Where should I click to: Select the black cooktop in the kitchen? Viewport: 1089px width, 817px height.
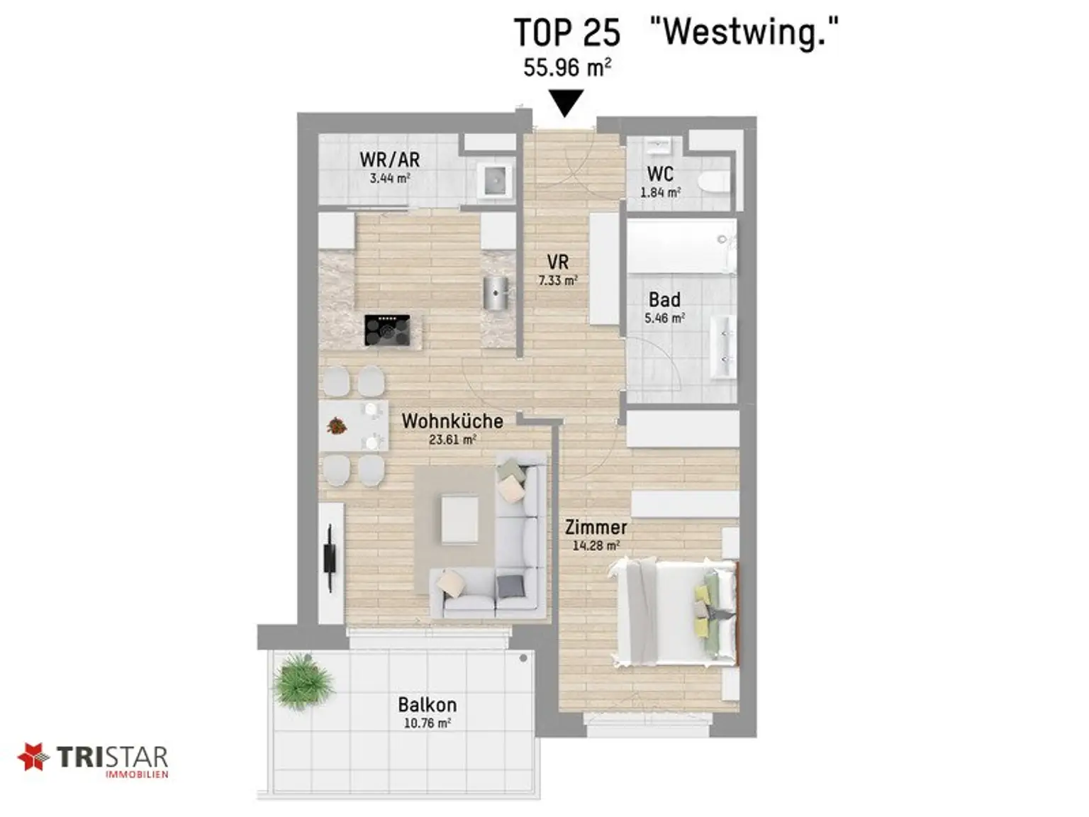[x=387, y=330]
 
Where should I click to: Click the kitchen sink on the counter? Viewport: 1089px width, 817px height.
[x=496, y=292]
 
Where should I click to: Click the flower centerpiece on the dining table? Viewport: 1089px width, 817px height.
[x=336, y=426]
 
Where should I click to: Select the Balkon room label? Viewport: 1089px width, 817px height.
[x=427, y=704]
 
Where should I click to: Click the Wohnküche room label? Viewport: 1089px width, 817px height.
[x=452, y=421]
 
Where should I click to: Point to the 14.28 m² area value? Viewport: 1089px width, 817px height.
[x=596, y=546]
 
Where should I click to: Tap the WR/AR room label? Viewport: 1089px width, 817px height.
[x=389, y=159]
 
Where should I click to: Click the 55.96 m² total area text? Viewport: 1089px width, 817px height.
[x=567, y=67]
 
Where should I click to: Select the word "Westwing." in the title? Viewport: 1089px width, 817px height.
[x=744, y=33]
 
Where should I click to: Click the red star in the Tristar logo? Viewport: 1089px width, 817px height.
[x=33, y=757]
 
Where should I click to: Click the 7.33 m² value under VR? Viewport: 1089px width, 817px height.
[x=557, y=281]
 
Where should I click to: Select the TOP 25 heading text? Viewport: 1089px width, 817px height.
[x=566, y=33]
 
